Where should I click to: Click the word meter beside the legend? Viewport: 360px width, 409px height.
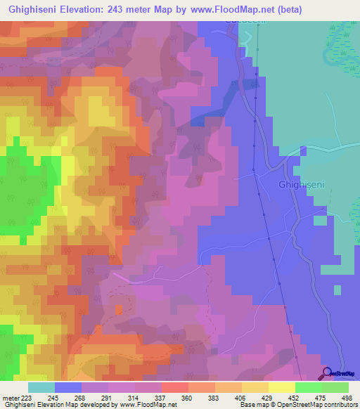8,398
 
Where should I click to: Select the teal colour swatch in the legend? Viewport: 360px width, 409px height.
41,387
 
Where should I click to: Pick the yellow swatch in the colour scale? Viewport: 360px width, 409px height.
281,387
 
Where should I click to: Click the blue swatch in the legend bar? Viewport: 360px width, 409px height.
68,387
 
